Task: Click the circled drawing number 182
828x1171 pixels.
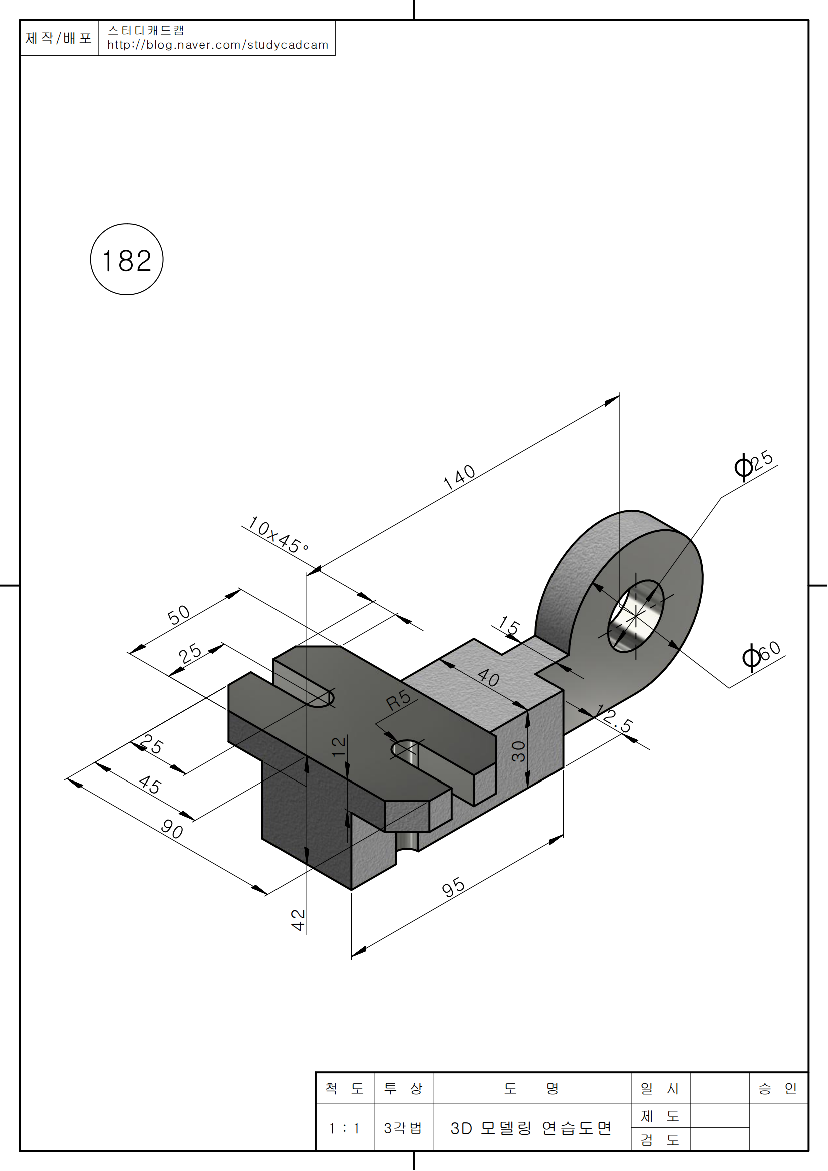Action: pyautogui.click(x=127, y=260)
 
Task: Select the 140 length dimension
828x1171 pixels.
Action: pyautogui.click(x=459, y=477)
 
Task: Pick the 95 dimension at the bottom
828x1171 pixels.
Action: pyautogui.click(x=453, y=888)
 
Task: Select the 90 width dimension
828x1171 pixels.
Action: pyautogui.click(x=172, y=829)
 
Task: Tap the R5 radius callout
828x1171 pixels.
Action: pyautogui.click(x=398, y=700)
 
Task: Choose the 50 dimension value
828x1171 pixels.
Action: pyautogui.click(x=178, y=615)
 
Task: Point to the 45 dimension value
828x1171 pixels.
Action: pyautogui.click(x=150, y=785)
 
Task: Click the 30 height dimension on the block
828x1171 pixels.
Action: pyautogui.click(x=518, y=751)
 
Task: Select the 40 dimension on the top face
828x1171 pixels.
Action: pyautogui.click(x=488, y=678)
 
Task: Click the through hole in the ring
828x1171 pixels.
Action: pyautogui.click(x=636, y=616)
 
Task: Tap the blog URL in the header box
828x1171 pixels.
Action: pyautogui.click(x=217, y=45)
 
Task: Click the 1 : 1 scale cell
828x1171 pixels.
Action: pyautogui.click(x=344, y=1128)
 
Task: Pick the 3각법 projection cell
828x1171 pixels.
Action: pyautogui.click(x=403, y=1128)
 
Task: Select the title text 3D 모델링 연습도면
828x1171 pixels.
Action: pyautogui.click(x=530, y=1128)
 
